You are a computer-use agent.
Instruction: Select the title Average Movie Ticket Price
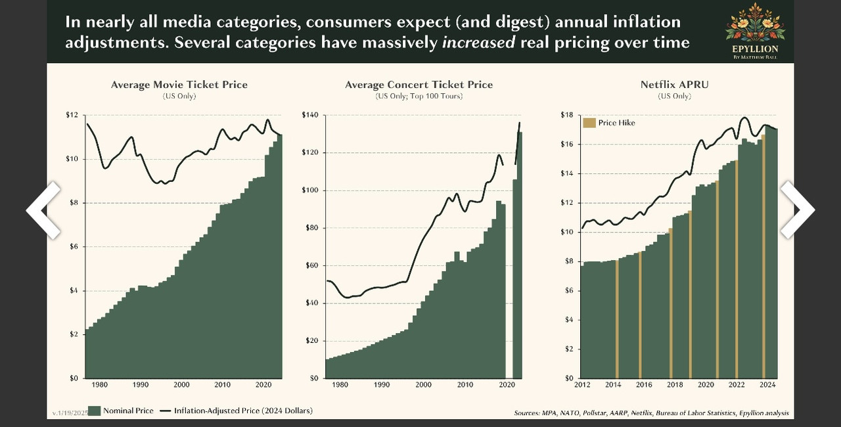coord(179,85)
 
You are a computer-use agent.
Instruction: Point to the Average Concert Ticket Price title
coord(419,85)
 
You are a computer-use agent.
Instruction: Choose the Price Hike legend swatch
coord(589,123)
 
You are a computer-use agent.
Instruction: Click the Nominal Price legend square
coord(95,411)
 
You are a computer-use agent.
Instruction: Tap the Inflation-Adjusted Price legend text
coord(243,411)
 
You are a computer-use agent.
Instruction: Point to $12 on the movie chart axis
coord(71,115)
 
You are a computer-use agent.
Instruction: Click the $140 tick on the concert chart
coord(309,115)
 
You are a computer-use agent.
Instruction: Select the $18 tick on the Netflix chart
coord(567,115)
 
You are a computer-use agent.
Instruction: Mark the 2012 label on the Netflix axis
coord(583,385)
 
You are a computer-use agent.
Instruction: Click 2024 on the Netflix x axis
coord(767,385)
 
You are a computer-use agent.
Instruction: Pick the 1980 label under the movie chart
coord(101,385)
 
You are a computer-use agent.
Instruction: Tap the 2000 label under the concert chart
coord(424,385)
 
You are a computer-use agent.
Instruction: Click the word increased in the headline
coord(478,43)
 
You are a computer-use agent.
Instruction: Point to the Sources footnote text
coord(651,413)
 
